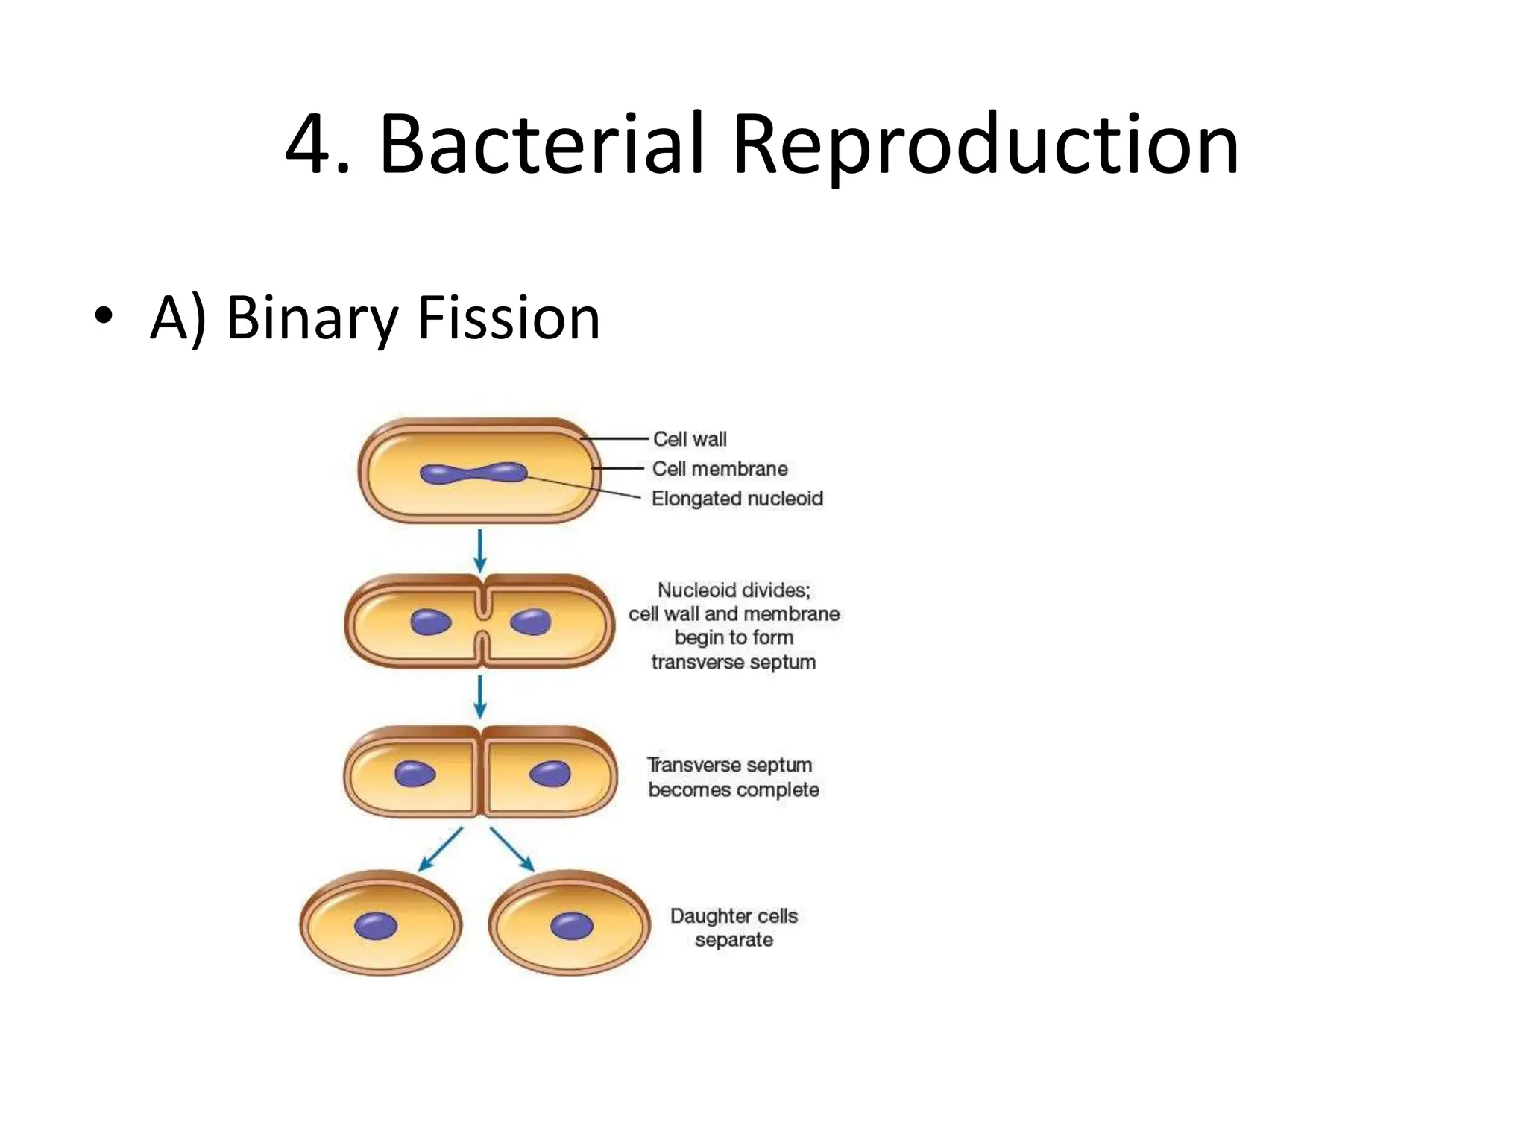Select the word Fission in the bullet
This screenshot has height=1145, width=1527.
click(509, 318)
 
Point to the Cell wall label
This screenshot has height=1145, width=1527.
click(690, 439)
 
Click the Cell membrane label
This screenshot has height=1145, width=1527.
click(720, 469)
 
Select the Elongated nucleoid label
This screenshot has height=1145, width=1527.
click(737, 499)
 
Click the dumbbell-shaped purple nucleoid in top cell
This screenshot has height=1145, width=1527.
click(473, 473)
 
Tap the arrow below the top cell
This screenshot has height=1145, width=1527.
click(480, 550)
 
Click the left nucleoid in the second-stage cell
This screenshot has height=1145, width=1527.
click(431, 622)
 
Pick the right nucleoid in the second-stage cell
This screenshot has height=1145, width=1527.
click(531, 621)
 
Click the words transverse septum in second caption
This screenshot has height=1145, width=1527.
click(733, 662)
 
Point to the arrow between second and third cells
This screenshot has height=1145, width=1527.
click(480, 695)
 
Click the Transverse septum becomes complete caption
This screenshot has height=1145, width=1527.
click(732, 777)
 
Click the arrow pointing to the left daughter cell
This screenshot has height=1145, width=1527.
click(441, 849)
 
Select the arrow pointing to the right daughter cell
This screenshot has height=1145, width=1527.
click(513, 849)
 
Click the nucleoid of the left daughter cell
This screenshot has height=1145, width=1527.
click(376, 926)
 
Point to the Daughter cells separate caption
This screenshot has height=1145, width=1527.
click(734, 927)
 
